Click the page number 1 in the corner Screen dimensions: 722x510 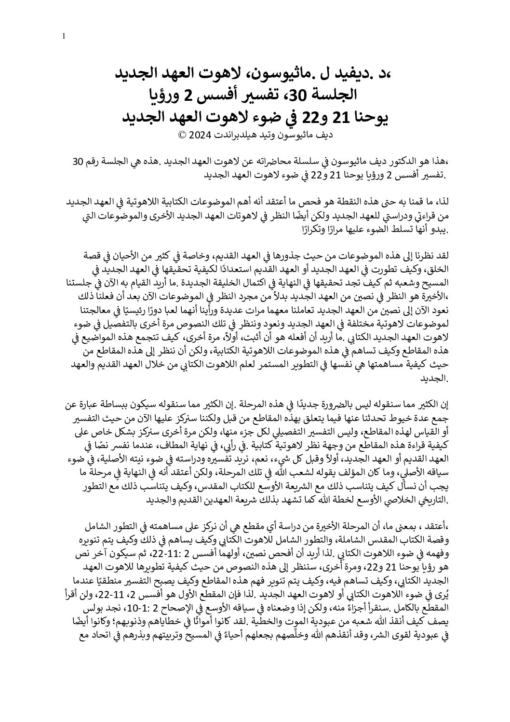click(x=64, y=35)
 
